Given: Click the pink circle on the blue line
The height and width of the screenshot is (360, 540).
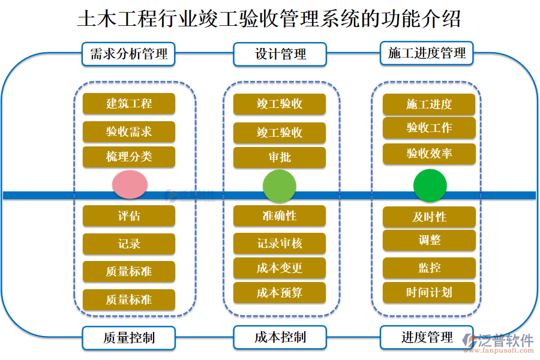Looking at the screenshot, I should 130,184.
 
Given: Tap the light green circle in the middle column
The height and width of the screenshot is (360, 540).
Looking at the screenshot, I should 280,185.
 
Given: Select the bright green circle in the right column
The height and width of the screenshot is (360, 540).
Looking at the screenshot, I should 430,185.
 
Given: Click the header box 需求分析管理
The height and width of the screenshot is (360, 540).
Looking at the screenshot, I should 128,54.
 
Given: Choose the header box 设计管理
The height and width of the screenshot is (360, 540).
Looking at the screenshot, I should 280,54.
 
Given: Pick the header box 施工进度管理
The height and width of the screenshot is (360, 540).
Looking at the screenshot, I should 427,53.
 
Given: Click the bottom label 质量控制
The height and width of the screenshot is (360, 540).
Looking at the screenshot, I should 128,338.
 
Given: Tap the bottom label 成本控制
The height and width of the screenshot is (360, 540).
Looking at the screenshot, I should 280,337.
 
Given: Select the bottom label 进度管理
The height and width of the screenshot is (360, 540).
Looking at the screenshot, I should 427,337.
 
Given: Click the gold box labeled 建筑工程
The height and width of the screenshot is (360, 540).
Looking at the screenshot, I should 128,104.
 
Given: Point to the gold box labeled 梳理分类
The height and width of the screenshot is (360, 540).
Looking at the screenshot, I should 128,157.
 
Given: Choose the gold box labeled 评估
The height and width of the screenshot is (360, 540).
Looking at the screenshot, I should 128,216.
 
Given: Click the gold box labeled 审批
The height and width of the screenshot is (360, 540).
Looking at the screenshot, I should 280,158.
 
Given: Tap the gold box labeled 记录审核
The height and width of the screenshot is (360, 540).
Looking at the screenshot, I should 280,244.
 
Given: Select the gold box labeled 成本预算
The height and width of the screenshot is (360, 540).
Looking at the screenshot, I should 280,293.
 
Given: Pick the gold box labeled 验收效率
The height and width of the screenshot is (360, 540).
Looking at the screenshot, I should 429,154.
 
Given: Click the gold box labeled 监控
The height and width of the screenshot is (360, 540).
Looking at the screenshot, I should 429,268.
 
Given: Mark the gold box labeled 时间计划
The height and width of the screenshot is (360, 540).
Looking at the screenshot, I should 429,293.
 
